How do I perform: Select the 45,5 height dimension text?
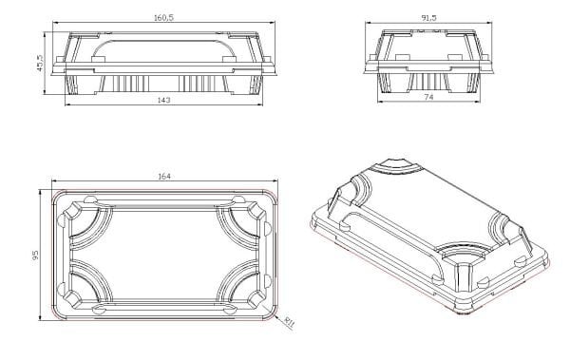tap(40, 64)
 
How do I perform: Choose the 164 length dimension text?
tap(164, 175)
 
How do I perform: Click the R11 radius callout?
tap(290, 322)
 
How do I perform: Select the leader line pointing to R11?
tap(280, 313)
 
